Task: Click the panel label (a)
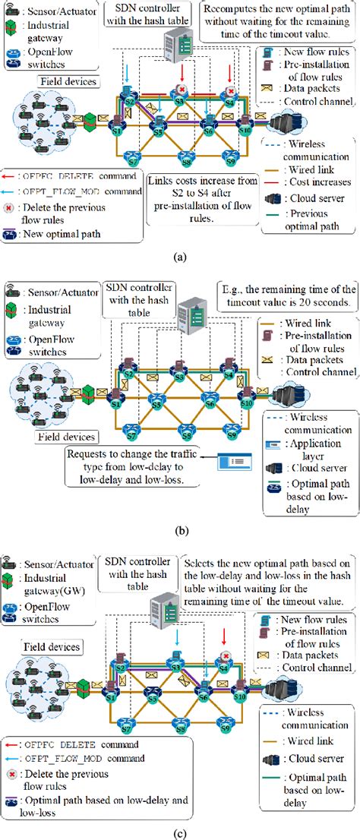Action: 181,256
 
